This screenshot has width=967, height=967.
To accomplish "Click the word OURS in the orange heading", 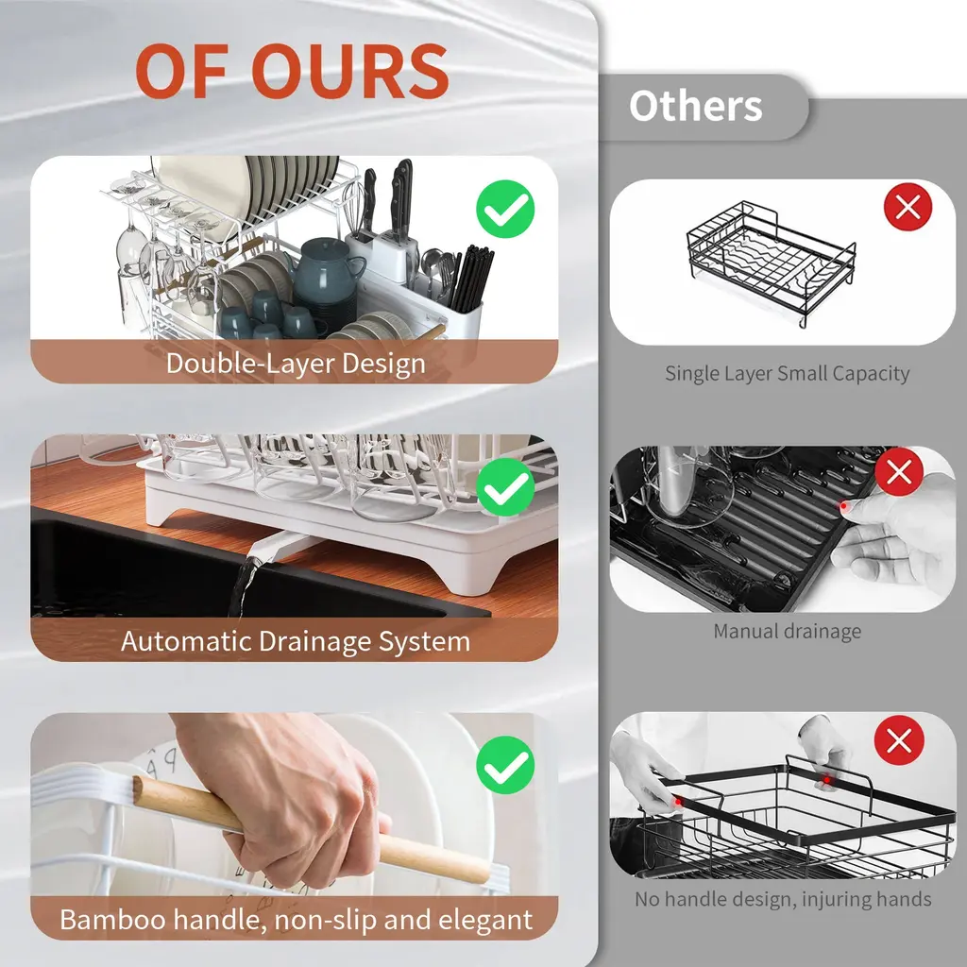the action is tap(350, 71).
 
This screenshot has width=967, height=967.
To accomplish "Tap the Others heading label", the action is tap(696, 106).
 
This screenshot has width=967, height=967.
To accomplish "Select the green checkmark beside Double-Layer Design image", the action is tap(505, 209).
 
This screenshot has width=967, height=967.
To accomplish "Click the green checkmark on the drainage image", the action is tap(505, 487).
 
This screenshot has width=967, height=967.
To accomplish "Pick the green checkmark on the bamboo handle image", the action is tap(505, 765).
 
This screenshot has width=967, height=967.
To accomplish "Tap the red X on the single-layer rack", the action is tap(908, 207).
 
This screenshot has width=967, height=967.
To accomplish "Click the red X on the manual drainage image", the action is tap(899, 472).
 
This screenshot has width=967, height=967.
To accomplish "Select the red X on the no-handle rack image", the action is tap(899, 740).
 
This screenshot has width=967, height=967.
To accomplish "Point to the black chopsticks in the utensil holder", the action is tap(472, 278).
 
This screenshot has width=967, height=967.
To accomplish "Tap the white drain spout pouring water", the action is tap(278, 546).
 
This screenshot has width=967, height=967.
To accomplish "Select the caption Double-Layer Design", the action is tap(296, 364).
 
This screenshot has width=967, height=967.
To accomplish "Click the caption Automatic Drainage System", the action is tap(296, 641).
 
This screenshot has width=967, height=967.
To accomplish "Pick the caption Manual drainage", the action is tap(787, 632).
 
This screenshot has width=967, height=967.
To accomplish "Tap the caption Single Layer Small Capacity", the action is tap(787, 374).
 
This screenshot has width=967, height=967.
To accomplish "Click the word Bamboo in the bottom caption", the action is tap(113, 920).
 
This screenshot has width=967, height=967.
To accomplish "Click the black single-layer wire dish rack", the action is tap(771, 263).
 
